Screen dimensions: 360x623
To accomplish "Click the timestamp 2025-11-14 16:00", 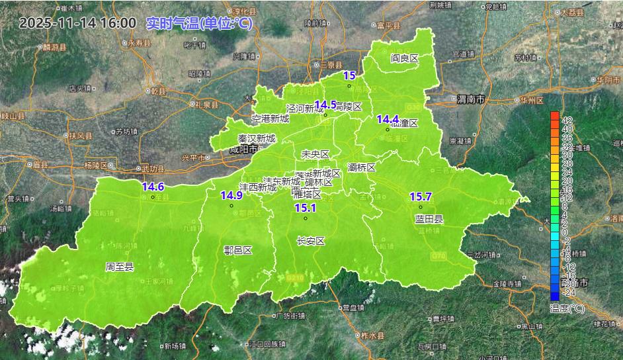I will tap(77, 23).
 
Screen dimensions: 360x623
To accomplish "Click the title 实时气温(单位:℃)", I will tap(198, 23).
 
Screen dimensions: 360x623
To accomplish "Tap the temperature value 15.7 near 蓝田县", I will tap(421, 197).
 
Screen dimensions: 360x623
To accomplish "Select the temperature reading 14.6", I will tap(153, 187).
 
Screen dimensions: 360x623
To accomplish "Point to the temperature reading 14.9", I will tap(231, 195).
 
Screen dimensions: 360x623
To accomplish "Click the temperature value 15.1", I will tap(306, 208).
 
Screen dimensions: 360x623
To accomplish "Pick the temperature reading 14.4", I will tap(388, 119).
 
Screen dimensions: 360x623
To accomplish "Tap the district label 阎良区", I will tap(405, 58).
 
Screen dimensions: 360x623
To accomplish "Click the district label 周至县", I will tap(120, 267).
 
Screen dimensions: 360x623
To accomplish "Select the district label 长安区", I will tap(311, 242).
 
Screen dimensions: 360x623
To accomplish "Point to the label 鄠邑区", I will tap(238, 250).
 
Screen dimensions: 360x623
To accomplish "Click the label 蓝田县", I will tap(429, 219).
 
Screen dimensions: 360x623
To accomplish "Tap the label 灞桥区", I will tap(362, 167).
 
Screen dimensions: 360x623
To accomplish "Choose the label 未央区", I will tap(315, 154).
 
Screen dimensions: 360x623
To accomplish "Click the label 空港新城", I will tap(270, 119).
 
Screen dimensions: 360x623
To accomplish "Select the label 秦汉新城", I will tap(257, 139).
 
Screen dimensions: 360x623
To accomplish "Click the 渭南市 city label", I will tap(470, 100).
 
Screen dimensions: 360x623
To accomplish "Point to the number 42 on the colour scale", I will tap(567, 120).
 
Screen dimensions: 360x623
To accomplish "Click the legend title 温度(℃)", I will tap(567, 308).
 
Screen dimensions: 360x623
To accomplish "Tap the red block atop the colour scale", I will tap(554, 116).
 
